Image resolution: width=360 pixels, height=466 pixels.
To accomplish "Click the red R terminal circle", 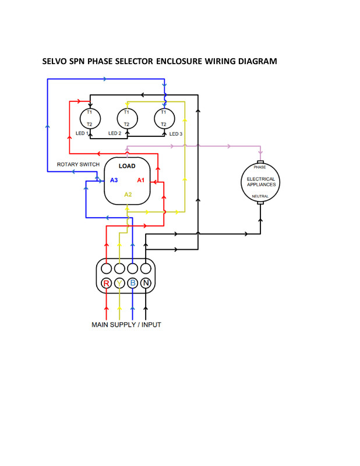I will click(x=106, y=283).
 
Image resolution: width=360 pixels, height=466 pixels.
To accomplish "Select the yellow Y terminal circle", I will click(x=119, y=283).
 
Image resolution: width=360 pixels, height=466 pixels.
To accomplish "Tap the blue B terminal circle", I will click(x=133, y=283).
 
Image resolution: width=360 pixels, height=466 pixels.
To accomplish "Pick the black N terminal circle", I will click(x=146, y=283).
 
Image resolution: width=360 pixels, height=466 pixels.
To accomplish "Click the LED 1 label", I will click(x=82, y=133).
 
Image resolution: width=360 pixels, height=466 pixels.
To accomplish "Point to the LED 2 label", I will click(x=115, y=133).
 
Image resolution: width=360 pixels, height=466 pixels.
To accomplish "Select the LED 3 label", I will click(x=175, y=134).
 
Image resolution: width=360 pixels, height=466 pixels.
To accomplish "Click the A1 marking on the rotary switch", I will click(x=141, y=181).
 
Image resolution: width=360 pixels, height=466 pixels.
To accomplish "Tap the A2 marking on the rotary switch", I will click(x=128, y=195).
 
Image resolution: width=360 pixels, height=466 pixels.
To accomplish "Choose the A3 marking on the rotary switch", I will click(x=114, y=181).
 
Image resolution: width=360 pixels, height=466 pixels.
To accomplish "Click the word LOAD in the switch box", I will click(x=127, y=166).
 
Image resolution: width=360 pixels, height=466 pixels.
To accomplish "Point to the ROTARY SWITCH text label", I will click(x=78, y=165).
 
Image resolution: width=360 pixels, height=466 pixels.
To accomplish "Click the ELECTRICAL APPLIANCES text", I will click(x=260, y=182).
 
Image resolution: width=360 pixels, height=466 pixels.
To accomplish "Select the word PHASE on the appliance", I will click(x=260, y=167).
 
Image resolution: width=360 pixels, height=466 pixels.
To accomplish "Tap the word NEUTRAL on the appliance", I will click(x=260, y=196).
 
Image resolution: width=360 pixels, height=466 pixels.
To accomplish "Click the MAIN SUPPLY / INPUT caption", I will click(x=126, y=324).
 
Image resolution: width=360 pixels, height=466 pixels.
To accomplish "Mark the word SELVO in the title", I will click(x=55, y=61).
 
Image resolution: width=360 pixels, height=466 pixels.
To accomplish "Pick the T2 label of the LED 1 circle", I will click(x=89, y=124).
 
